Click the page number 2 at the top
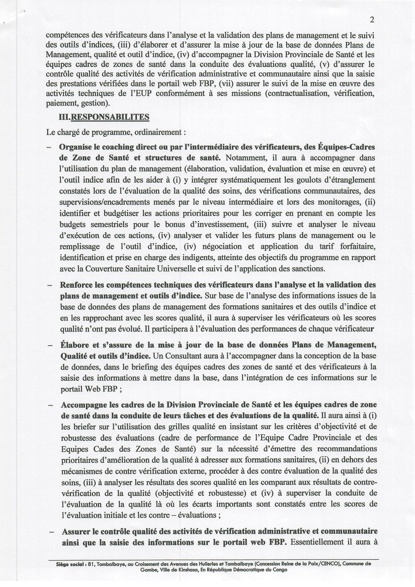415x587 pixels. [x=372, y=20]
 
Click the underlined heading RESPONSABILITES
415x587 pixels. [x=108, y=117]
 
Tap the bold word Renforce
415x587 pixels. [x=76, y=285]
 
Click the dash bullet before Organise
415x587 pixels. [x=49, y=147]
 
